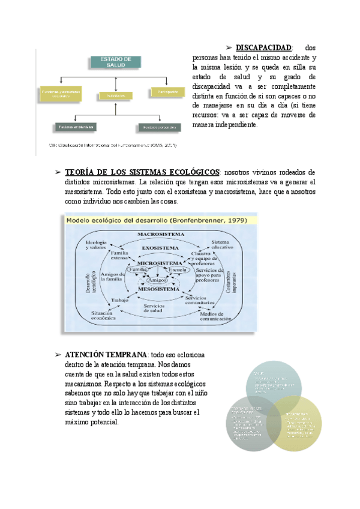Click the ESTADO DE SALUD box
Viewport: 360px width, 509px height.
coord(116,61)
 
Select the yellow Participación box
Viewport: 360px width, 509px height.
coord(168,92)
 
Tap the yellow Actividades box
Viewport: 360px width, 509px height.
coord(115,95)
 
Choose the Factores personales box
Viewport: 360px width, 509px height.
coord(157,127)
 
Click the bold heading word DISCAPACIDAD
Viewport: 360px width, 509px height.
coord(263,47)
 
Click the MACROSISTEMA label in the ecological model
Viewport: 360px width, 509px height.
coord(160,233)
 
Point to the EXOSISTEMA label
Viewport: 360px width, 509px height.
coord(160,247)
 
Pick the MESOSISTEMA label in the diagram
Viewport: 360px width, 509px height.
coord(160,289)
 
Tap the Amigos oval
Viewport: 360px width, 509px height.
coord(157,280)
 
